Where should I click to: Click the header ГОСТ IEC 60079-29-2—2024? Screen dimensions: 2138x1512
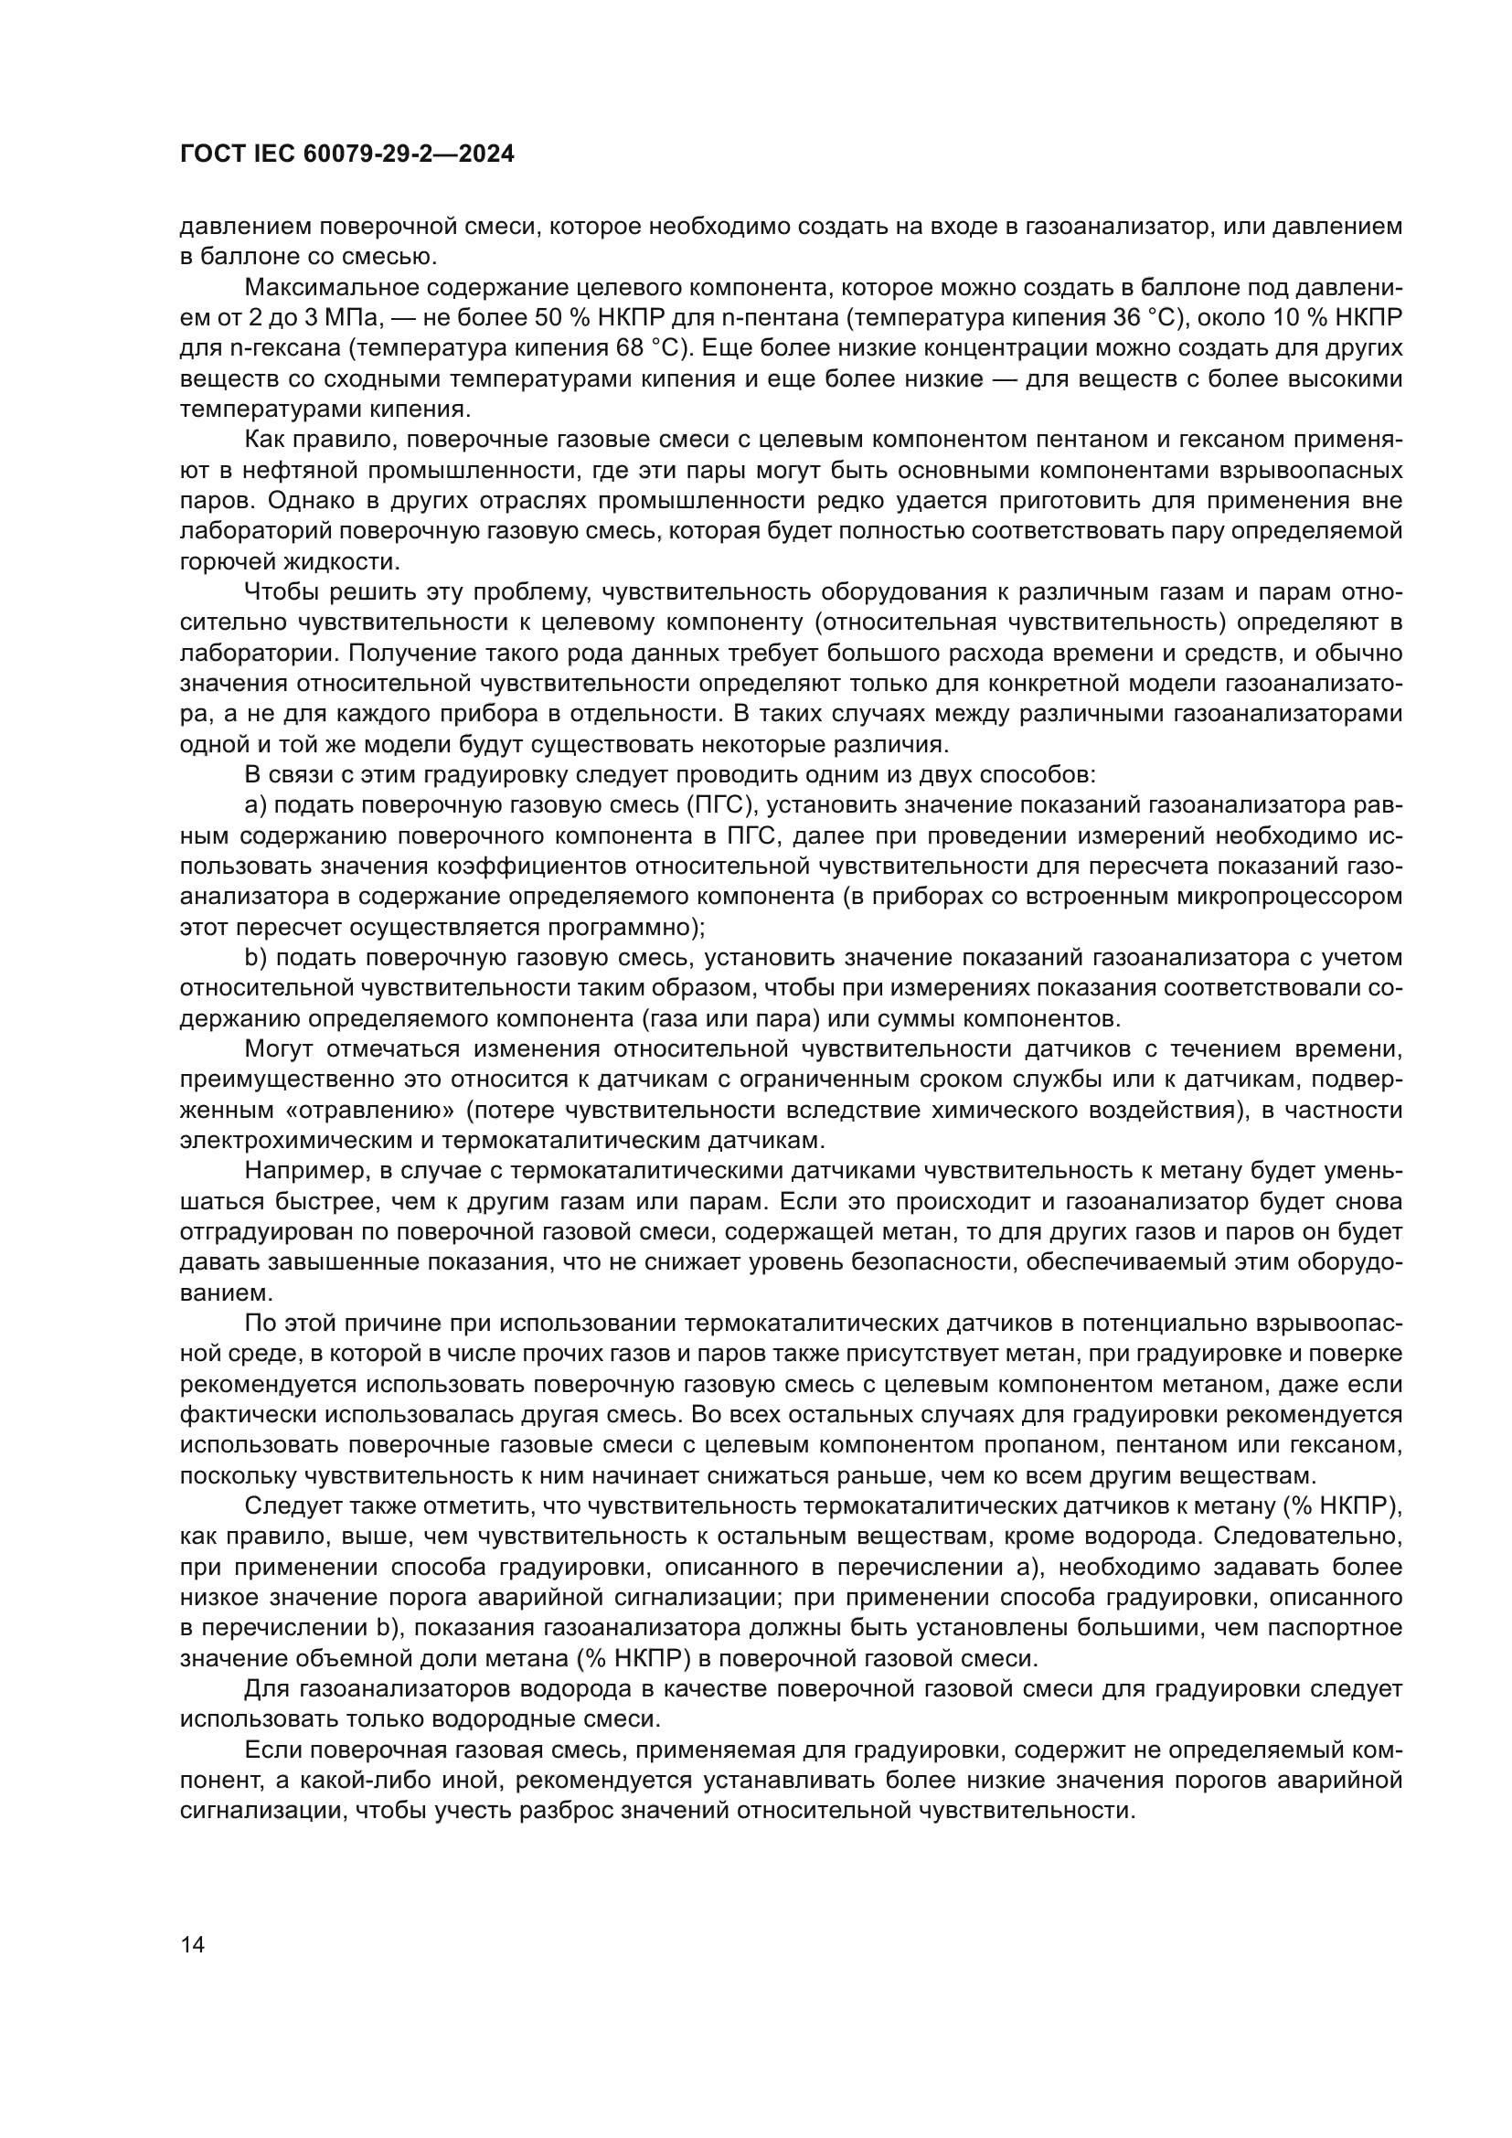pyautogui.click(x=346, y=154)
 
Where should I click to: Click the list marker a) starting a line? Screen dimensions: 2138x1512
pyautogui.click(x=255, y=805)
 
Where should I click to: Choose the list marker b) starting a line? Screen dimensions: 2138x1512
pyautogui.click(x=255, y=958)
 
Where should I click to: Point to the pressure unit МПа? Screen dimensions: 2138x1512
pyautogui.click(x=343, y=317)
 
